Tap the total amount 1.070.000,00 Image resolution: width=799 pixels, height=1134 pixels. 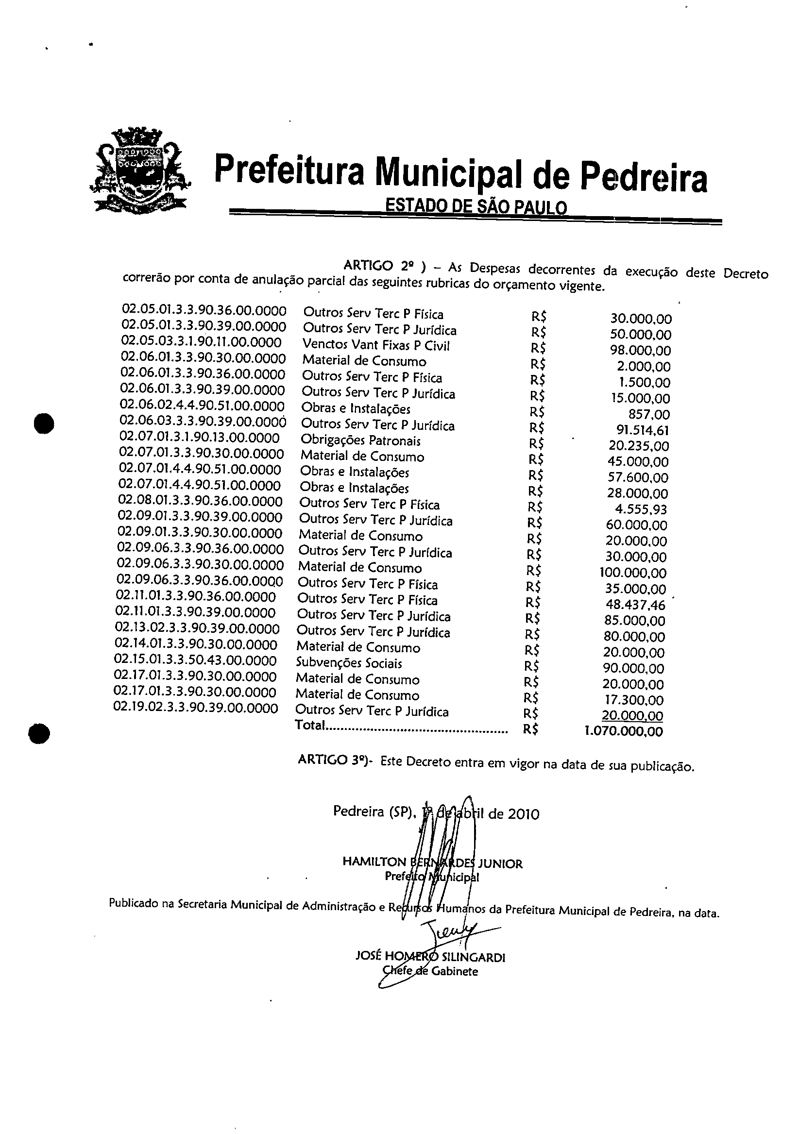click(624, 731)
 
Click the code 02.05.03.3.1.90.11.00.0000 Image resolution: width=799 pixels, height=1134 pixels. click(202, 342)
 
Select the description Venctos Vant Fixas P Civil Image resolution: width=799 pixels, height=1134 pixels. click(376, 345)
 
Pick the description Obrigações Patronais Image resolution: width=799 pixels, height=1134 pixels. click(360, 440)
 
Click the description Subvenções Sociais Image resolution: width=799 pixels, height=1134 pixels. click(349, 663)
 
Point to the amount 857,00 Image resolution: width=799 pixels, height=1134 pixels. click(653, 414)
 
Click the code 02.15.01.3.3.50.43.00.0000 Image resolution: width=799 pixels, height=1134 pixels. click(195, 660)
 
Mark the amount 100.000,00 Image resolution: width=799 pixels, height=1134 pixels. click(633, 573)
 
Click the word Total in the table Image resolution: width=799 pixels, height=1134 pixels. click(309, 725)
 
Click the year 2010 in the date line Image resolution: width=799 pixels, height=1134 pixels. click(524, 814)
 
